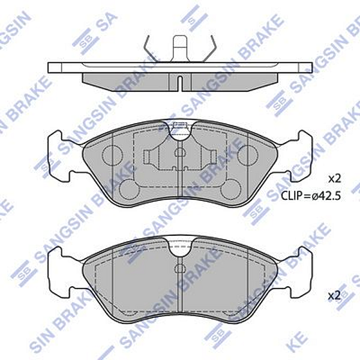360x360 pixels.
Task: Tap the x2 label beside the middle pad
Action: coord(334,178)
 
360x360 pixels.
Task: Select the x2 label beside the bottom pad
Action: coord(334,295)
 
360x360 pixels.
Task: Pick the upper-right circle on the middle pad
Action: coord(247,155)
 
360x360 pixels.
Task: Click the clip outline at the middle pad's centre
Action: coord(179,159)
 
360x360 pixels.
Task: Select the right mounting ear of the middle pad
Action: coord(301,156)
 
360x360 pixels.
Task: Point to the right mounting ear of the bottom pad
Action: coord(301,273)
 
